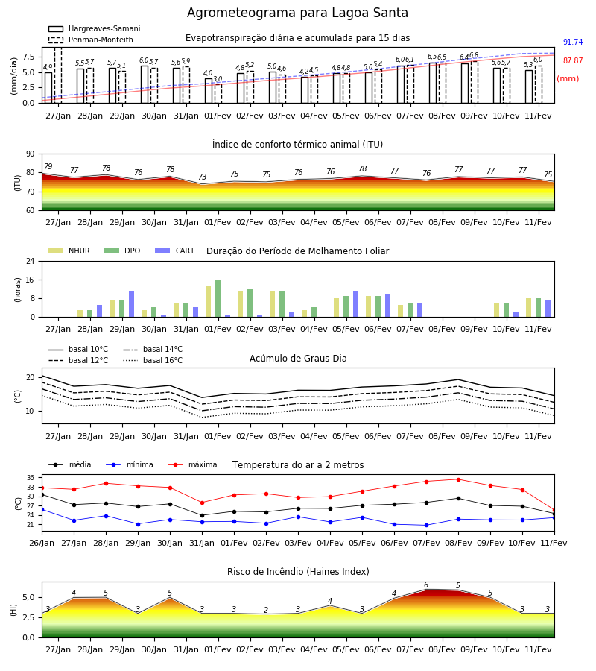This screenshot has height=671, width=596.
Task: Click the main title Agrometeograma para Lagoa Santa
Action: (x=297, y=13)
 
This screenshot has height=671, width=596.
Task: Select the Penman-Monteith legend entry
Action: (x=91, y=40)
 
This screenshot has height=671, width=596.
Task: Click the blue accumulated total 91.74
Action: (x=573, y=42)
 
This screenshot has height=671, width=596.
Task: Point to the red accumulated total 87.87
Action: (x=573, y=61)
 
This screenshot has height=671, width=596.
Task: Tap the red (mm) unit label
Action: (x=568, y=79)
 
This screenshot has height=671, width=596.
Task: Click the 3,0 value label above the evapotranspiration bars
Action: (x=218, y=79)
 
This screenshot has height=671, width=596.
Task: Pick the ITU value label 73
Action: (x=202, y=177)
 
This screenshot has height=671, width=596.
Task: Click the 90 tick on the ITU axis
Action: (x=31, y=154)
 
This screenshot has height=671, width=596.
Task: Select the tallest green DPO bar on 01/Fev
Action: (x=218, y=298)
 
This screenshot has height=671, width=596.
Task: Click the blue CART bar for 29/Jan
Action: (x=132, y=304)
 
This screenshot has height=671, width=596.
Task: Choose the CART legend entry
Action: (x=175, y=251)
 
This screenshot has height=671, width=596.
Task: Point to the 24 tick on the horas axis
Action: (x=31, y=261)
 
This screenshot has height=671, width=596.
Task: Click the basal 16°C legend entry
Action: (x=153, y=360)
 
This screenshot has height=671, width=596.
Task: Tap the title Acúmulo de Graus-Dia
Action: (x=298, y=359)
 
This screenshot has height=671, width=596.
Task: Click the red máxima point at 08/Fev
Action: (x=459, y=479)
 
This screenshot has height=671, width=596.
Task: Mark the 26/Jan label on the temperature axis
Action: (x=42, y=543)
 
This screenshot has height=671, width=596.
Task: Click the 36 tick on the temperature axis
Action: (x=31, y=478)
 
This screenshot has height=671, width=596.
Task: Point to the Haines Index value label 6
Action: (x=426, y=585)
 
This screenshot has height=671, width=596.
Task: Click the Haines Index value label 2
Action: (x=266, y=610)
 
